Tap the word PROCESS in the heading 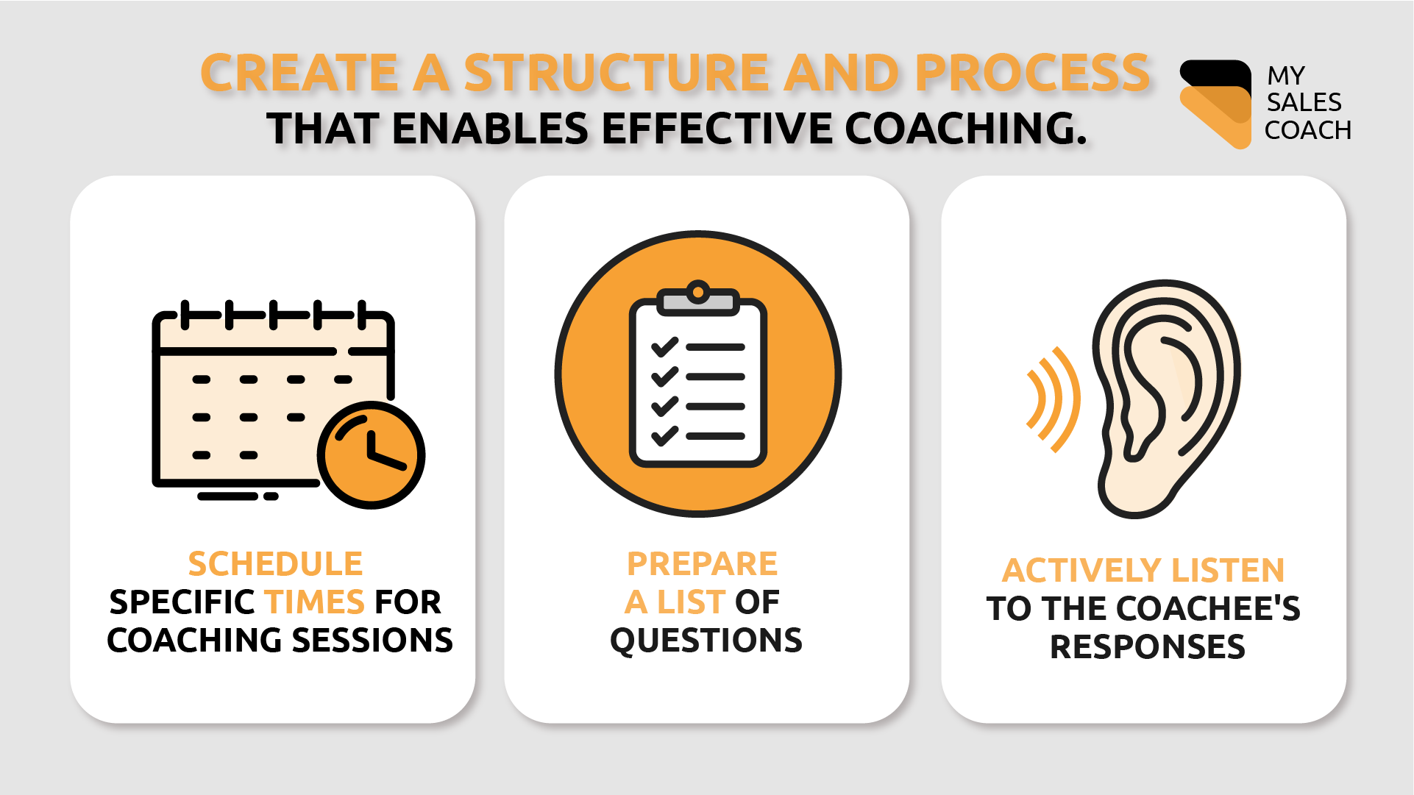point(1031,73)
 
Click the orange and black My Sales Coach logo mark point(1215,103)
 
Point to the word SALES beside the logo point(1304,102)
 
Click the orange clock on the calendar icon point(371,454)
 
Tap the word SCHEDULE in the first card point(275,564)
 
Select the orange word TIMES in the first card point(315,602)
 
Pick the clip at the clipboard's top point(697,298)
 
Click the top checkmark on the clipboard point(664,346)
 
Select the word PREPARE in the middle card point(702,564)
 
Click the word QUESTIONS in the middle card point(706,641)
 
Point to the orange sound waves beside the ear point(1054,399)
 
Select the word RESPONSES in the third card point(1147,647)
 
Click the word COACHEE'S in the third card point(1207,609)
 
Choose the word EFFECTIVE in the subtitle point(717,129)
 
